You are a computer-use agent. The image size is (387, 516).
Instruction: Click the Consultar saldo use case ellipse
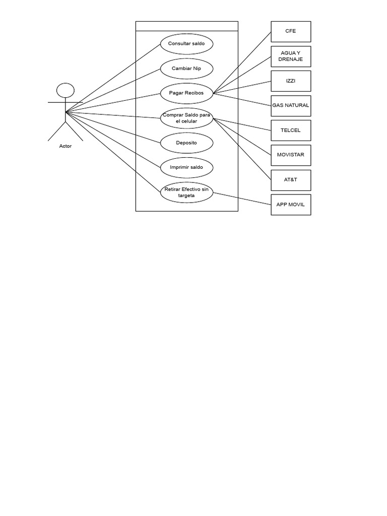pyautogui.click(x=186, y=43)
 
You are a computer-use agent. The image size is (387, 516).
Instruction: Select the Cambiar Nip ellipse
pyautogui.click(x=186, y=68)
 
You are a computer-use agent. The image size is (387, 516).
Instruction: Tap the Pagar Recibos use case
pyautogui.click(x=186, y=93)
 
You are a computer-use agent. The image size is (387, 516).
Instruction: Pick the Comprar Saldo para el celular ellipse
pyautogui.click(x=186, y=118)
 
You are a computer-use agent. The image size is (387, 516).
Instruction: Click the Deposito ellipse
pyautogui.click(x=186, y=143)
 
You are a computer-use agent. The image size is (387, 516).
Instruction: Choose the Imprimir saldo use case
pyautogui.click(x=186, y=167)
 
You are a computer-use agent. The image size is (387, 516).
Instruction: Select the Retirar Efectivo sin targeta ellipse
pyautogui.click(x=186, y=192)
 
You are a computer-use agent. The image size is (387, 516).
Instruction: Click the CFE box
pyautogui.click(x=291, y=31)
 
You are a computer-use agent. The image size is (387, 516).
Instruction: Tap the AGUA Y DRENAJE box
pyautogui.click(x=291, y=56)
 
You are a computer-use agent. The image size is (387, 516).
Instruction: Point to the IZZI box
pyautogui.click(x=291, y=81)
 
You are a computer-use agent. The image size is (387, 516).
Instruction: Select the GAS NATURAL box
pyautogui.click(x=291, y=106)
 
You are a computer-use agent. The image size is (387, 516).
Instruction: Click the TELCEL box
pyautogui.click(x=291, y=130)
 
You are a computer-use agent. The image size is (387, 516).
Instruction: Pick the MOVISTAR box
pyautogui.click(x=291, y=155)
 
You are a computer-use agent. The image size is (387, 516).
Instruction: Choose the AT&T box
pyautogui.click(x=291, y=179)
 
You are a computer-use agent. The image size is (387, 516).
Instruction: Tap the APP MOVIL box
pyautogui.click(x=291, y=205)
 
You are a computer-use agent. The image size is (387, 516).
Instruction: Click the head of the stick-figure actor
pyautogui.click(x=65, y=90)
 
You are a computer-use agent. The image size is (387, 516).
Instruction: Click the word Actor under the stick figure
pyautogui.click(x=65, y=146)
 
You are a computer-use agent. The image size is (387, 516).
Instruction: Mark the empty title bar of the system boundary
pyautogui.click(x=186, y=26)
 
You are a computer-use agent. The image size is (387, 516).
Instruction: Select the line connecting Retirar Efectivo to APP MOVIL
pyautogui.click(x=242, y=198)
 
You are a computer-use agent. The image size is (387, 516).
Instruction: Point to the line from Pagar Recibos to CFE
pyautogui.click(x=242, y=62)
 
